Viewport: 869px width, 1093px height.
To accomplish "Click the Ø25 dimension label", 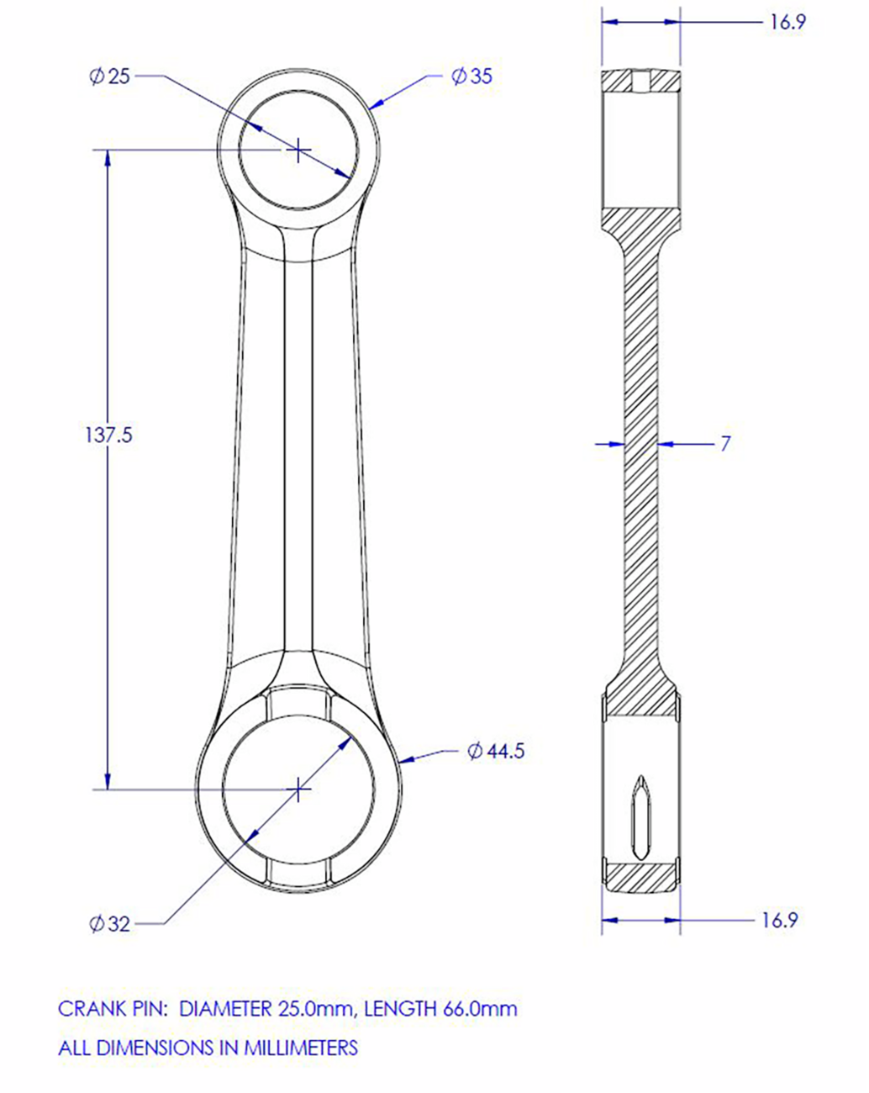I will tap(110, 76).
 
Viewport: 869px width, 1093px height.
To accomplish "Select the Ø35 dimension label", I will tap(471, 76).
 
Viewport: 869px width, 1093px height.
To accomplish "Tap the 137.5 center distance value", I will tap(108, 436).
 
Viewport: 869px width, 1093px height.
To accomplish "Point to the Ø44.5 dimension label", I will tap(496, 751).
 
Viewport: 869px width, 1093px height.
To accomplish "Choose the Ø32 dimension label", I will tap(110, 924).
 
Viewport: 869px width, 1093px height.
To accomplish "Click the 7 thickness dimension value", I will tap(725, 443).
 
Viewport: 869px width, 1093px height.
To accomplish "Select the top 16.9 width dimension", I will tap(787, 22).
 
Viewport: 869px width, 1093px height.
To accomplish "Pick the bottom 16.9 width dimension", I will tap(779, 920).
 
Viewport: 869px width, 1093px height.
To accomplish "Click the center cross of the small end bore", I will tap(298, 150).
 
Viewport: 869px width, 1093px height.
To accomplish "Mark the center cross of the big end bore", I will tap(298, 789).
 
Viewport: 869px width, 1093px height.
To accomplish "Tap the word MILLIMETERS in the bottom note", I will tap(301, 1048).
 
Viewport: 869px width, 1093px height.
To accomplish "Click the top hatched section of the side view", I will tap(640, 81).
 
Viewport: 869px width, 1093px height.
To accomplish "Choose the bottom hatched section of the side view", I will tap(640, 877).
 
